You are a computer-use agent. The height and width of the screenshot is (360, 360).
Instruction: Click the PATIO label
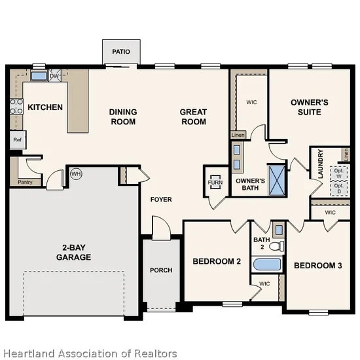tap(121, 52)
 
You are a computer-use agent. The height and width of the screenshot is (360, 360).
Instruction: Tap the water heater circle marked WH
tap(76, 174)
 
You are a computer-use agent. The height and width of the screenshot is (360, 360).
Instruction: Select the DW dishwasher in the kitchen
tap(55, 75)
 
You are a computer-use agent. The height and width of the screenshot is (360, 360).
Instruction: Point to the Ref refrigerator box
tap(18, 139)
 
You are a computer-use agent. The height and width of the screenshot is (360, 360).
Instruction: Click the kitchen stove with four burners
tap(16, 107)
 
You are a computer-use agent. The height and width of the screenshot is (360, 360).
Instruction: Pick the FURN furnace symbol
tap(215, 183)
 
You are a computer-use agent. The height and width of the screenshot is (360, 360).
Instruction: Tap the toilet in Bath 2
tap(277, 246)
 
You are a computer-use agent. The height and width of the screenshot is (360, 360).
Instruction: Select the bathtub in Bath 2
tap(267, 264)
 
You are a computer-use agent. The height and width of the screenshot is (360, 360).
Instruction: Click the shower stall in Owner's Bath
tap(277, 180)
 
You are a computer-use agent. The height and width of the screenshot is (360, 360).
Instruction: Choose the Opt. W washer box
tap(338, 173)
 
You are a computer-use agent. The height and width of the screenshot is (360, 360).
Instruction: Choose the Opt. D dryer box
tap(338, 189)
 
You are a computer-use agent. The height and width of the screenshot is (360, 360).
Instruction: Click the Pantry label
tap(26, 182)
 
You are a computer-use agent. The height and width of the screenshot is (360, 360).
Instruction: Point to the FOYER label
tap(161, 199)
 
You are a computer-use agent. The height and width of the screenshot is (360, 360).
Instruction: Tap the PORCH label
tap(161, 270)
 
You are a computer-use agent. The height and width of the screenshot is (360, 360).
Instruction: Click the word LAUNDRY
tap(321, 164)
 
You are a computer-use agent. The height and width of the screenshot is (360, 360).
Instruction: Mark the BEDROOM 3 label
tap(318, 266)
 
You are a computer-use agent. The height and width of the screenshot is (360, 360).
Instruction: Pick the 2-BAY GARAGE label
tap(74, 252)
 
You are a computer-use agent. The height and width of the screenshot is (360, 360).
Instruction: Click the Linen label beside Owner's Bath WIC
tap(238, 135)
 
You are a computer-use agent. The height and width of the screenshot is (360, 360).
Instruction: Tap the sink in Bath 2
tap(279, 230)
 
